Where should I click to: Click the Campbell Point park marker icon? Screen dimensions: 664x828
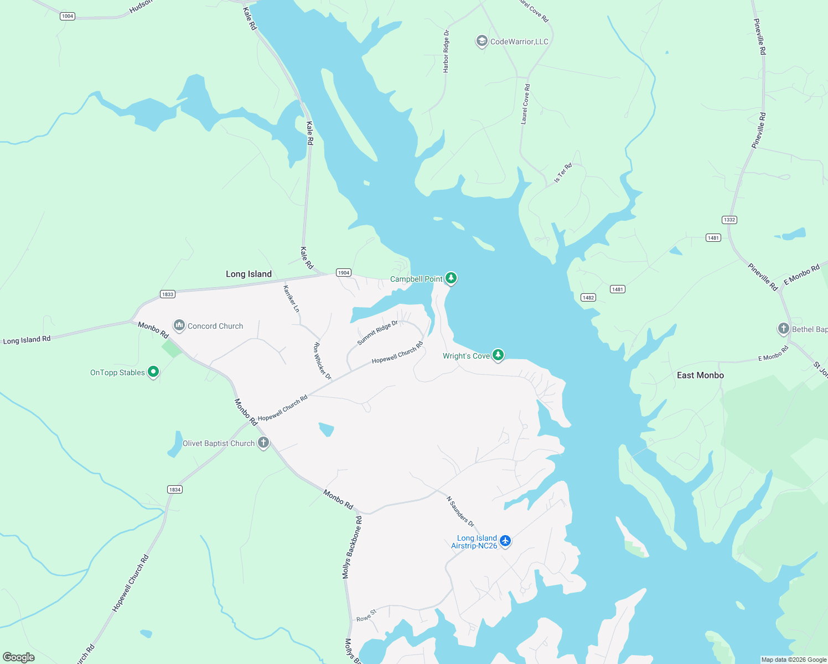(x=451, y=278)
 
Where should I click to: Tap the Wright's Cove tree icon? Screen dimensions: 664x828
(x=498, y=355)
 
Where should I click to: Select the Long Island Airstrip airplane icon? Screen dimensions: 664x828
(x=505, y=541)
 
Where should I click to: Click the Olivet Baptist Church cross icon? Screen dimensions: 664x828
(x=263, y=442)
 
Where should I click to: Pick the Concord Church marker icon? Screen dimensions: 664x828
(x=179, y=325)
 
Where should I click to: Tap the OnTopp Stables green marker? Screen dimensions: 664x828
(x=153, y=372)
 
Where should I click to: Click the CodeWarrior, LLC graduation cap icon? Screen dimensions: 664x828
(x=482, y=41)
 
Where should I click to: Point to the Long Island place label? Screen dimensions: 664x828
(x=249, y=274)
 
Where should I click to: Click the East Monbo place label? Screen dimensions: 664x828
(x=700, y=375)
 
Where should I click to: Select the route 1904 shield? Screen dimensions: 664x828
(x=344, y=272)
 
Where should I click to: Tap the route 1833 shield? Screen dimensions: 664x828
(x=168, y=294)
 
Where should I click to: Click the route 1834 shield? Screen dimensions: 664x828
(x=174, y=489)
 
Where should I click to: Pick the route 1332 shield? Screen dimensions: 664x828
(x=729, y=220)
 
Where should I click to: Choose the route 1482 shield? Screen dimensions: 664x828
(x=588, y=297)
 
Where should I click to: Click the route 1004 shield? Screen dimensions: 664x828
(x=68, y=16)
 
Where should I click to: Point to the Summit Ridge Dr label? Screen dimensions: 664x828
(x=377, y=333)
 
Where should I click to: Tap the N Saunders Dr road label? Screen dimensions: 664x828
(x=460, y=511)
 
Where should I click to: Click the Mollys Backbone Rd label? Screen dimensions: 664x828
(x=352, y=547)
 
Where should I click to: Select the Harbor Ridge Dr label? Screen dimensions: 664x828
(x=446, y=51)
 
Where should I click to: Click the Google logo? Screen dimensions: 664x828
(x=19, y=657)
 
